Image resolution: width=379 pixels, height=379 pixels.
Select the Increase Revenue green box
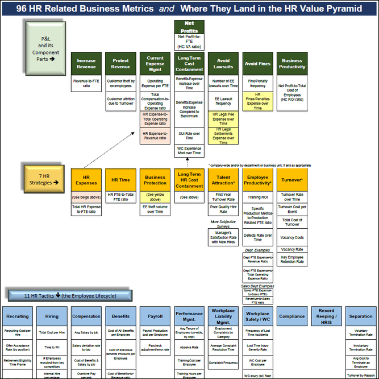[x=86, y=64]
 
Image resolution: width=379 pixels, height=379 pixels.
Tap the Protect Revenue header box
[x=120, y=64]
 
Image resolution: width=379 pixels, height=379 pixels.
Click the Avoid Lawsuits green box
[x=224, y=64]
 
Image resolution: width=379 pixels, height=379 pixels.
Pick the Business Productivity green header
[x=292, y=64]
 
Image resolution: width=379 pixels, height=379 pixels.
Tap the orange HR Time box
[x=120, y=180]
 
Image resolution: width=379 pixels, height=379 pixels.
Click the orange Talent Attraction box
[x=223, y=180]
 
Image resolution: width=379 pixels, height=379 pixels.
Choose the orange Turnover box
[x=292, y=180]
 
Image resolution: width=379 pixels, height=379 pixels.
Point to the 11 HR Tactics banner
[x=70, y=295]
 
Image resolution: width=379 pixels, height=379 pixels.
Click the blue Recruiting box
[x=18, y=316]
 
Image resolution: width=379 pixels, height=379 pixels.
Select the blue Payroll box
[x=155, y=316]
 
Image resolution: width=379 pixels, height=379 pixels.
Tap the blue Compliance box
[x=292, y=316]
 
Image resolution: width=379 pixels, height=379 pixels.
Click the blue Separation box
[x=361, y=316]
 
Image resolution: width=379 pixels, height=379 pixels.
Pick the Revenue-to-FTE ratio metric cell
[x=86, y=84]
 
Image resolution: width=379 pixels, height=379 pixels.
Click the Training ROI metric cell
[x=258, y=196]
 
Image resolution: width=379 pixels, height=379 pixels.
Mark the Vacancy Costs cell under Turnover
[x=292, y=238]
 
